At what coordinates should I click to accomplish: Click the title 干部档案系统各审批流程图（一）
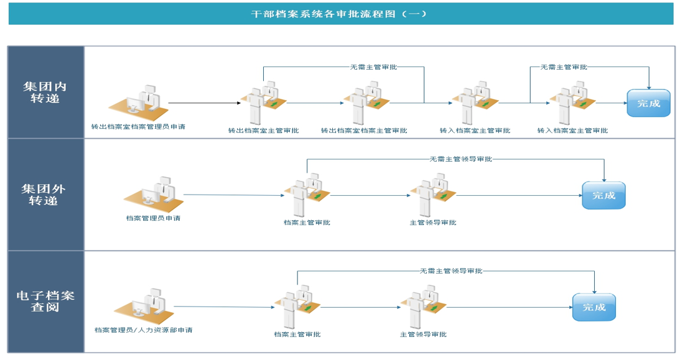[x=339, y=14]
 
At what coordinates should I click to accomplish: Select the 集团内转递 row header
[x=45, y=92]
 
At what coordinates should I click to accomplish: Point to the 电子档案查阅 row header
[x=45, y=302]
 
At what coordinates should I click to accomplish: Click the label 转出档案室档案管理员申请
[x=139, y=127]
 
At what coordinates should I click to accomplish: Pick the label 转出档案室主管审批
[x=263, y=131]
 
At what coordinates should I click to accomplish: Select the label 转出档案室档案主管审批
[x=364, y=131]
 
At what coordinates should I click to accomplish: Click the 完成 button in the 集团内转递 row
[x=648, y=103]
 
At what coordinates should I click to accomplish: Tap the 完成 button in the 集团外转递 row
[x=603, y=195]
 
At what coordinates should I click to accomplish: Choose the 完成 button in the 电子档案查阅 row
[x=594, y=307]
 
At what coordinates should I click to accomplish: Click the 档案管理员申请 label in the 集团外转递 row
[x=153, y=218]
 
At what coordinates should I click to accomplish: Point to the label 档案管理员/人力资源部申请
[x=144, y=330]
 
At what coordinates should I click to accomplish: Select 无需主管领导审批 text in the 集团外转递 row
[x=461, y=159]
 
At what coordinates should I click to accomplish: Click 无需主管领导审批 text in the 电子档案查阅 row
[x=451, y=271]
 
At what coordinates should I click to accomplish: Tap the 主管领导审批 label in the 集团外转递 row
[x=433, y=223]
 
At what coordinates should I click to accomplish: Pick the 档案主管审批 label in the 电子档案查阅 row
[x=297, y=335]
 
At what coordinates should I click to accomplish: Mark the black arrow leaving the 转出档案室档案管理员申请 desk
[x=205, y=103]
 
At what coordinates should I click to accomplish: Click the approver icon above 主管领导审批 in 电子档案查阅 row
[x=423, y=307]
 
